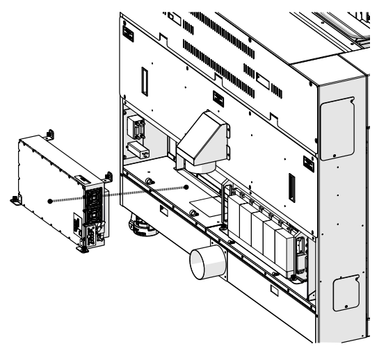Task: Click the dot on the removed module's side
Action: (x=50, y=201)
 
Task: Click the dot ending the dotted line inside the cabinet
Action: (x=186, y=187)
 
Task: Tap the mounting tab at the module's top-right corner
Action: (x=108, y=175)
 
